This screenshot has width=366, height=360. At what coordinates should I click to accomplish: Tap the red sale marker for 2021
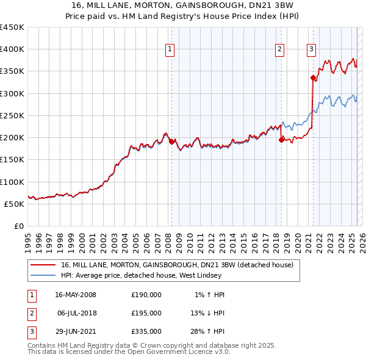coord(313,77)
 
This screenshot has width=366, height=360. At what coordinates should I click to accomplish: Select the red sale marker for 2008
coord(171,142)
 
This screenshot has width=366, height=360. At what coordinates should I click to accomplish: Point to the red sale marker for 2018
coord(281,140)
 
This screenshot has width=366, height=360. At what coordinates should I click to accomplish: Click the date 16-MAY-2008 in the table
coord(76,295)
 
